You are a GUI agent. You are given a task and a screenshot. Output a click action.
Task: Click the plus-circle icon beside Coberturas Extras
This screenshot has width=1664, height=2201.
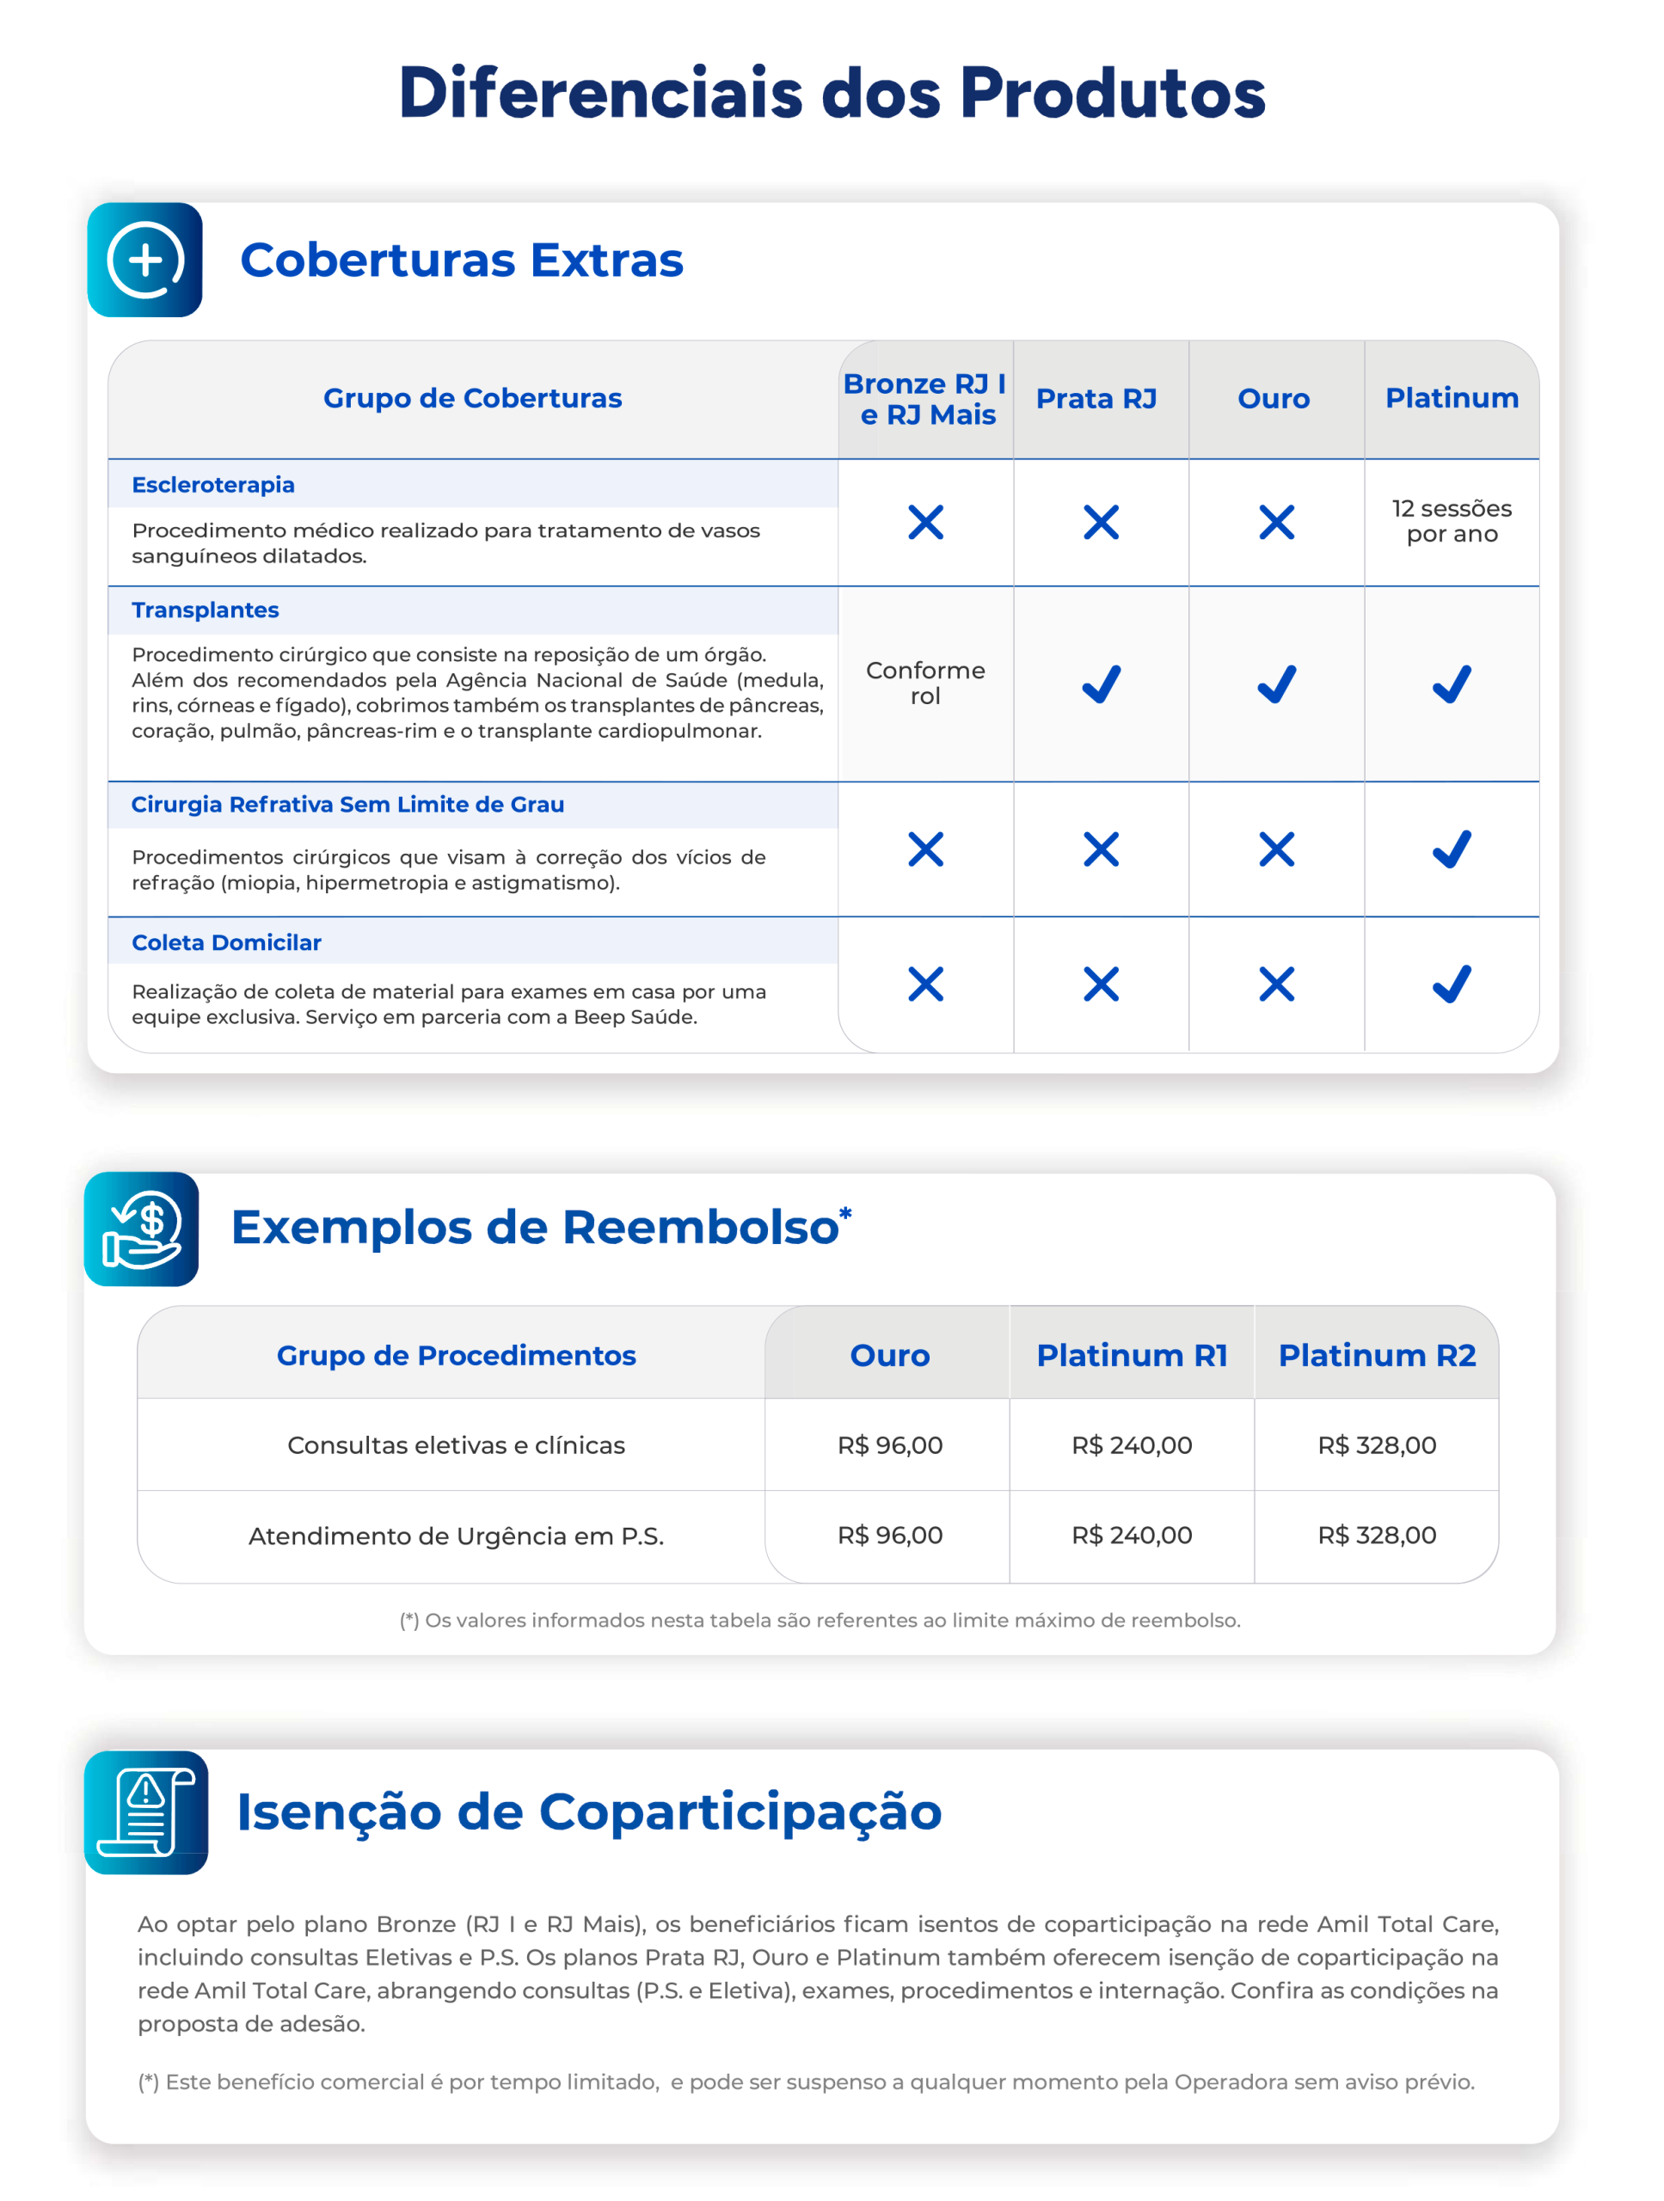click(145, 261)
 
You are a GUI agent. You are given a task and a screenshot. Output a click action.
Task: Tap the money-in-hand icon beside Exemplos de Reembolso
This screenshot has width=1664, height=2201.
click(142, 1229)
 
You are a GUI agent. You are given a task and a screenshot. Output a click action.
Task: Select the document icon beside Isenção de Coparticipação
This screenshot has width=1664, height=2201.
click(146, 1813)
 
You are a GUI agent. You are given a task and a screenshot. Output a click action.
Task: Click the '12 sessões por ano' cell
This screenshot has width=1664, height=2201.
click(1451, 521)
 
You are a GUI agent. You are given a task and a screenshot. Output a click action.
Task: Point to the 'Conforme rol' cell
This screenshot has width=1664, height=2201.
click(924, 683)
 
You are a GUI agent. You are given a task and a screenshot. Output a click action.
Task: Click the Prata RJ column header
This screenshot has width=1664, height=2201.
click(1096, 399)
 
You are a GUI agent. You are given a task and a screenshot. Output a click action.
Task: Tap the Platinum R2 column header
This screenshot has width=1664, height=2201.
click(1377, 1355)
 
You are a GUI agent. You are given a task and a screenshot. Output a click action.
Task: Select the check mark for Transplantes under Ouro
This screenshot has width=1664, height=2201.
click(1276, 684)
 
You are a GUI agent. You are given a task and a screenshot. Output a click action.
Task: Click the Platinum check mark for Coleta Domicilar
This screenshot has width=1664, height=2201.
click(1451, 984)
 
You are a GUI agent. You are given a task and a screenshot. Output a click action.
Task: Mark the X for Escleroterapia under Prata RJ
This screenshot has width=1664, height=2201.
click(1101, 523)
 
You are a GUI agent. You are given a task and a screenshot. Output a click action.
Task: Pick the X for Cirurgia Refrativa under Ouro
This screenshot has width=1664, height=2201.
click(1276, 849)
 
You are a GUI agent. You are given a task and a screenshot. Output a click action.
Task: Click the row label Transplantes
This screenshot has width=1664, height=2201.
click(205, 610)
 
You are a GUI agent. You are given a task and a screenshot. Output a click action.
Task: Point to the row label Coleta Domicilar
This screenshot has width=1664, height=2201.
click(226, 942)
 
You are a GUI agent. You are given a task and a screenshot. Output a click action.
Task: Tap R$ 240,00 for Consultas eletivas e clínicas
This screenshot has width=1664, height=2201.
click(1132, 1444)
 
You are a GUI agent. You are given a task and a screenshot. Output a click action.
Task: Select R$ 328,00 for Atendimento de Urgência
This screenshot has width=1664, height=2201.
click(1377, 1536)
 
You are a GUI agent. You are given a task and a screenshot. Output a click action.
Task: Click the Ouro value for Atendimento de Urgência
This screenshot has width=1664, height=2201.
click(890, 1536)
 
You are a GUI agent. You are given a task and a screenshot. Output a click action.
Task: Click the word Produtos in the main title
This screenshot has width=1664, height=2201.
click(1112, 94)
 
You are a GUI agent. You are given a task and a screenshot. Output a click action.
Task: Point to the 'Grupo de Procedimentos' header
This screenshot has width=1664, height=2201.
click(456, 1355)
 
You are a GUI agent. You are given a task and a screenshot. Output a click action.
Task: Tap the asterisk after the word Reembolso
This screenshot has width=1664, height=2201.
click(845, 1213)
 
